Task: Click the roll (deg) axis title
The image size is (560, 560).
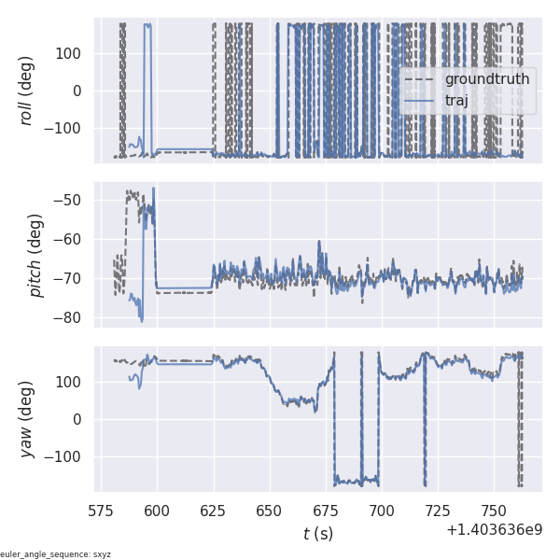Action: pyautogui.click(x=37, y=90)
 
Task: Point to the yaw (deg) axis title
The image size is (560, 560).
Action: pyautogui.click(x=28, y=419)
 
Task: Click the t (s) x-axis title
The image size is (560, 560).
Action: pyautogui.click(x=318, y=534)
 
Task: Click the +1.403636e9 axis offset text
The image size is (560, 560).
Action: pyautogui.click(x=495, y=531)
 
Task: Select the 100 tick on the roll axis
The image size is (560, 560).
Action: pyautogui.click(x=71, y=53)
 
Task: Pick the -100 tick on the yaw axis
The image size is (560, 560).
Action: pyautogui.click(x=67, y=456)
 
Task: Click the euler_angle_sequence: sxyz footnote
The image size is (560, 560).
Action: pyautogui.click(x=56, y=554)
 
